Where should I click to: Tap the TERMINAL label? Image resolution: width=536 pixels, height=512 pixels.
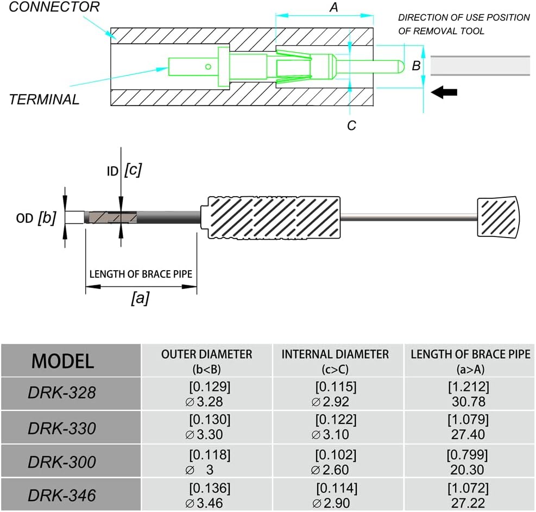tap(44, 99)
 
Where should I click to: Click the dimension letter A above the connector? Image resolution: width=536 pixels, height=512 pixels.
tap(334, 8)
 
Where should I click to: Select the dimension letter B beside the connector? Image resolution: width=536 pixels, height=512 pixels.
tap(416, 66)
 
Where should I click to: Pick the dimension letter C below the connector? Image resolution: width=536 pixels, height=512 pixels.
tap(351, 126)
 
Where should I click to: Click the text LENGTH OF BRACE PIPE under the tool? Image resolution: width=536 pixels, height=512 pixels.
tap(141, 273)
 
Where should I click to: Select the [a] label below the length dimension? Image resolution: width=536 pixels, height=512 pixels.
tap(140, 298)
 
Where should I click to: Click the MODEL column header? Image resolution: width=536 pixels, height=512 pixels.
tap(62, 361)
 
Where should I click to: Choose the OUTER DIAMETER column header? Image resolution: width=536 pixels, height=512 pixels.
tap(206, 360)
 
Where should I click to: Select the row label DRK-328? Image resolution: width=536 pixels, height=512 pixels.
tap(62, 393)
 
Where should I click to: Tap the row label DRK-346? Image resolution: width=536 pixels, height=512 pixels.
tap(62, 495)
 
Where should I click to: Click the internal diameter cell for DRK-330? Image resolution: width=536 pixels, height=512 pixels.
tap(335, 427)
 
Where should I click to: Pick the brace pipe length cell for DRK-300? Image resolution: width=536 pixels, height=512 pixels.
tap(468, 461)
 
